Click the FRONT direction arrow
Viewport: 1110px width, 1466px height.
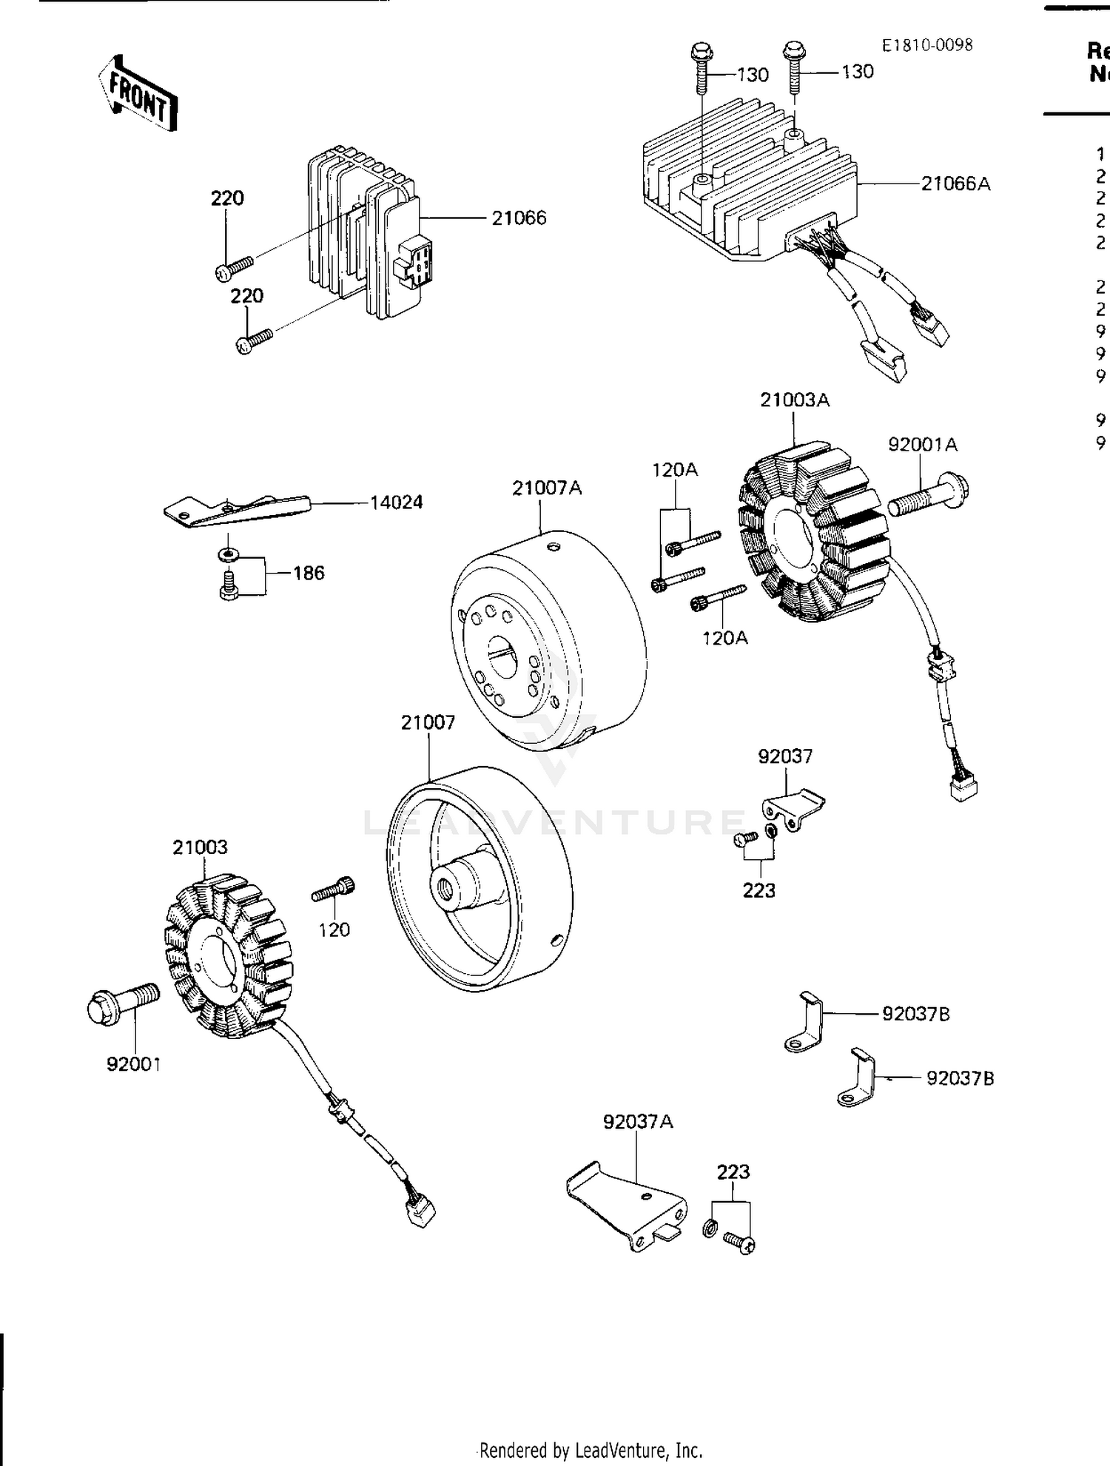pyautogui.click(x=138, y=95)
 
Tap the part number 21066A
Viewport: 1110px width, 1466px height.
pyautogui.click(x=955, y=184)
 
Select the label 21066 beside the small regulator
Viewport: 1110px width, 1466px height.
pyautogui.click(x=519, y=218)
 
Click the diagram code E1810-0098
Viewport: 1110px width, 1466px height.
pyautogui.click(x=926, y=45)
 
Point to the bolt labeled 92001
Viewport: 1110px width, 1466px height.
pyautogui.click(x=122, y=1004)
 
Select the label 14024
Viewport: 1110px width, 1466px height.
pyautogui.click(x=396, y=502)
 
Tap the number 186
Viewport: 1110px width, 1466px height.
pyautogui.click(x=309, y=573)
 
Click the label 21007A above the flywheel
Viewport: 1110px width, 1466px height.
pyautogui.click(x=547, y=488)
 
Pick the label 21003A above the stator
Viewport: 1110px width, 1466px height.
pyautogui.click(x=795, y=400)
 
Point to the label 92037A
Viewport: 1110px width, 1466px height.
pyautogui.click(x=638, y=1122)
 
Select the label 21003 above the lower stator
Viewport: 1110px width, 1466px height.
pyautogui.click(x=200, y=847)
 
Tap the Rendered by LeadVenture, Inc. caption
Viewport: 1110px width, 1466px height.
pyautogui.click(x=591, y=1450)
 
